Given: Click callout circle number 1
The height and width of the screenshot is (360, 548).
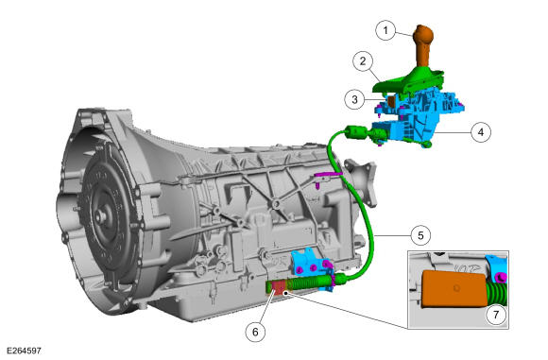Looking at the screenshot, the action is pos(385,30).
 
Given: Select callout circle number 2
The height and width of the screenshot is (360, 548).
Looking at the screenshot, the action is pos(363,61).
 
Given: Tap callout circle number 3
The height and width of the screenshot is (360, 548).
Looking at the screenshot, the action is pos(354,99).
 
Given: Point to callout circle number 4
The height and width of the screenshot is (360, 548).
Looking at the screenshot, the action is pos(481,132).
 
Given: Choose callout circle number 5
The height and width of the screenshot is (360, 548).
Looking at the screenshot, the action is pos(420,235).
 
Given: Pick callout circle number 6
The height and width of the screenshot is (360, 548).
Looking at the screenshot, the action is pos(255,332).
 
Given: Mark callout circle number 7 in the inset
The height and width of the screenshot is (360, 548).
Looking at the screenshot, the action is pos(496,315).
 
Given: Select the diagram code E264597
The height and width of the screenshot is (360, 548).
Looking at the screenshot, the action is pos(24,351).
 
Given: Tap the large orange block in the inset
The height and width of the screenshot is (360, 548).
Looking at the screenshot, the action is pos(454,289).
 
